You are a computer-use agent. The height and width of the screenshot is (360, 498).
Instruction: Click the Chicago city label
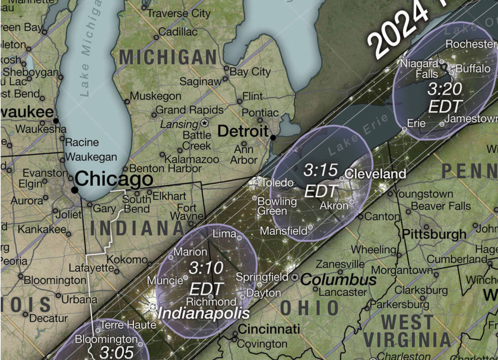click(114, 179)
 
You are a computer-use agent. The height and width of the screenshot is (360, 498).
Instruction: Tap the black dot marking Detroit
click(273, 137)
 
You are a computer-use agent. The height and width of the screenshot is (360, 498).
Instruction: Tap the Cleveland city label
click(376, 173)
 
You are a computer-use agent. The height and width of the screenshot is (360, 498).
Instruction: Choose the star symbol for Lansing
click(204, 123)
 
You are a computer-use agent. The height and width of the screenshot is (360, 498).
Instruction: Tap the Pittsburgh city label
click(434, 234)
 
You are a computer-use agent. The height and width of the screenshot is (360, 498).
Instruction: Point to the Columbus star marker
click(295, 277)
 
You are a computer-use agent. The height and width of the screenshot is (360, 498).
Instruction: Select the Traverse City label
click(179, 13)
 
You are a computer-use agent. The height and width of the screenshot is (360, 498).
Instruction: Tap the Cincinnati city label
click(269, 330)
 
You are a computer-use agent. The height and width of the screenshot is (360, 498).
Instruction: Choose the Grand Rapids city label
click(189, 110)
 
